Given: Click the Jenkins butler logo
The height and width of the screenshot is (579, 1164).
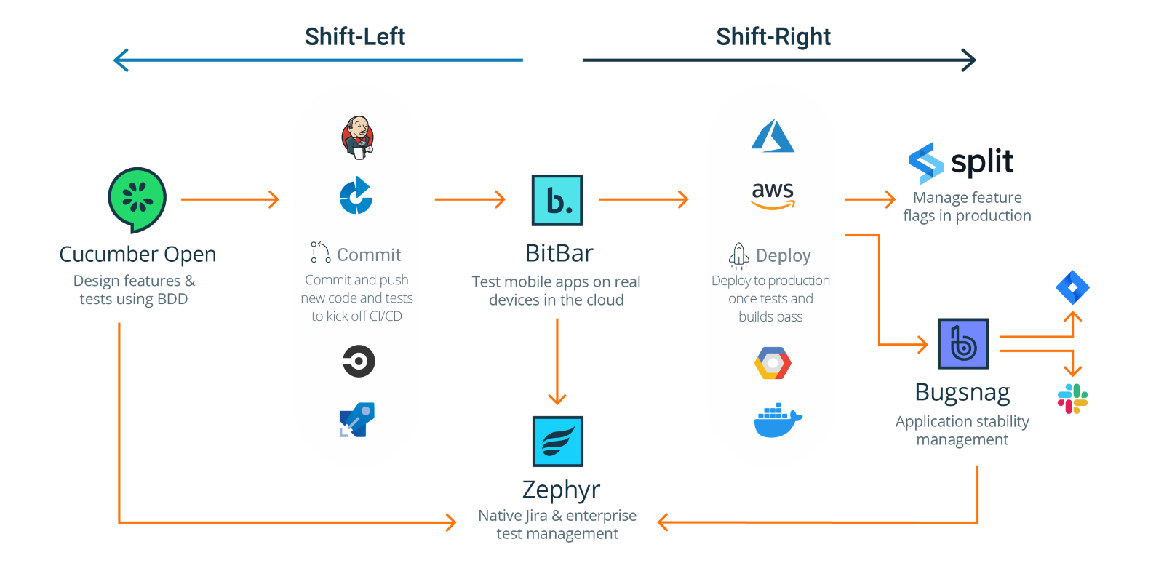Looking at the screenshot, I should click(x=358, y=137).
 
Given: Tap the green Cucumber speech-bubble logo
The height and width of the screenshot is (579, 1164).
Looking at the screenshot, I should click(x=137, y=198).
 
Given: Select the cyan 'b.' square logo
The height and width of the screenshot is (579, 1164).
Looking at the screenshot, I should click(x=557, y=200).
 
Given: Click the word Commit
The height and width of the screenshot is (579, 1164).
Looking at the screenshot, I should click(x=369, y=255).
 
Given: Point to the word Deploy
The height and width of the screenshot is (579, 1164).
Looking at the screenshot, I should click(x=783, y=256).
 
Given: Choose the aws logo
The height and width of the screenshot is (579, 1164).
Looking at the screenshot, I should click(x=773, y=194).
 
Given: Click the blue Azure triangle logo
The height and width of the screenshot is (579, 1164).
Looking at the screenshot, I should click(x=773, y=137).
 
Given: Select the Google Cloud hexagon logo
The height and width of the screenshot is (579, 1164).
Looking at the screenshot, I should click(x=773, y=363).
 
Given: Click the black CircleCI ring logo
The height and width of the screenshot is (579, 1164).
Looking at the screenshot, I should click(x=359, y=361).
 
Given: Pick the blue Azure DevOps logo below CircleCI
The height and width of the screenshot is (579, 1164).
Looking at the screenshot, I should click(x=357, y=420).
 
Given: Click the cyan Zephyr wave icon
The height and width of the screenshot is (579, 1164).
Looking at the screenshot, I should click(x=557, y=441).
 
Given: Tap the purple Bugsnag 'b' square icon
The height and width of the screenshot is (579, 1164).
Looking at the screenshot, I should click(x=962, y=343).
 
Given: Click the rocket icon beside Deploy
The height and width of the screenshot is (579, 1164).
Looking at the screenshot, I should click(x=739, y=255).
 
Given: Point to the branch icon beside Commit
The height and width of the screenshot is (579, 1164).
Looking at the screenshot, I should click(x=320, y=252).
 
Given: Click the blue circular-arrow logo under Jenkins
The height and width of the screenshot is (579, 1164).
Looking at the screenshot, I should click(x=356, y=196).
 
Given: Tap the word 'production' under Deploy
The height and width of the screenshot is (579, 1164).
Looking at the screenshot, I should click(x=799, y=281).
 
